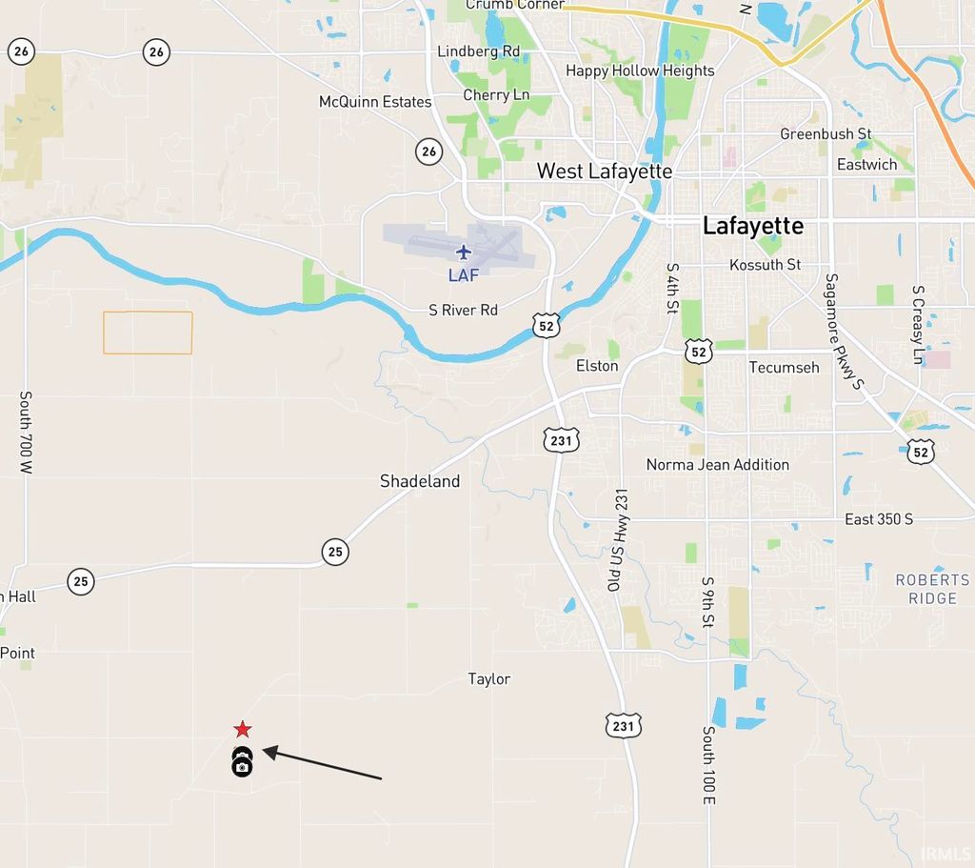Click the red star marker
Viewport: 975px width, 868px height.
[x=243, y=730]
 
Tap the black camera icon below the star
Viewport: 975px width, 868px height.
[x=243, y=763]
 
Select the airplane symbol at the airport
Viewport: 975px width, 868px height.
[x=464, y=252]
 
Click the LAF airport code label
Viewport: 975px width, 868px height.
[x=464, y=275]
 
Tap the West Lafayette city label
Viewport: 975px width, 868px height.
[x=605, y=172]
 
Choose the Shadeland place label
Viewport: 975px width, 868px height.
[x=420, y=481]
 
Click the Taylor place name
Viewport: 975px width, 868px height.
[x=489, y=679]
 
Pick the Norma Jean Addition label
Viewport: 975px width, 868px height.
[x=718, y=465]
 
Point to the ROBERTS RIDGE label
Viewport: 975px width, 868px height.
[x=932, y=589]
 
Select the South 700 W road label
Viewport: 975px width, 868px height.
[x=26, y=433]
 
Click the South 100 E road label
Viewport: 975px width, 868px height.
[x=708, y=765]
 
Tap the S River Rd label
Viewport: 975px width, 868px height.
[x=464, y=311]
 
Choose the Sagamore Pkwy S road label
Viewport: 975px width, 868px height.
[x=843, y=332]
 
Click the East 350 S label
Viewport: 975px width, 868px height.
[x=879, y=519]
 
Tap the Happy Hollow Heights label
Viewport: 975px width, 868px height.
[x=640, y=71]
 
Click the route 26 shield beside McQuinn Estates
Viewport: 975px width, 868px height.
[x=428, y=151]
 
